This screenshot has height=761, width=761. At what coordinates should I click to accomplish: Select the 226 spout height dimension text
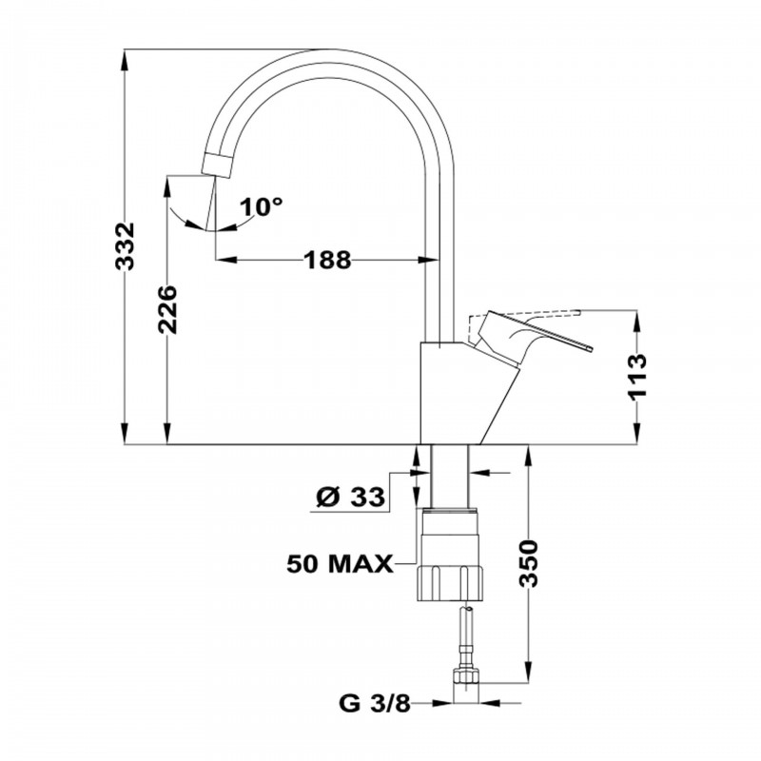pos(167,310)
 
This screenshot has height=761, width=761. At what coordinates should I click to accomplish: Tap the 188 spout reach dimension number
pos(326,259)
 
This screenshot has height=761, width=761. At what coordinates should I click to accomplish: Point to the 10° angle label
pos(262,205)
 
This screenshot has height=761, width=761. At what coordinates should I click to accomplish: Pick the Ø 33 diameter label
pos(348,497)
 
